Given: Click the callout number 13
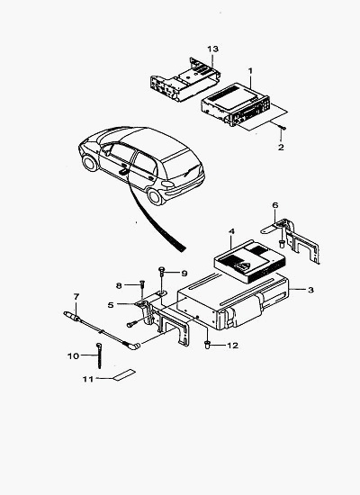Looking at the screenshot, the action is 212,49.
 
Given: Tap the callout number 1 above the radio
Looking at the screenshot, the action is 250,71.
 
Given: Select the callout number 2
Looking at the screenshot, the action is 281,147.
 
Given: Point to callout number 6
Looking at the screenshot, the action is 275,205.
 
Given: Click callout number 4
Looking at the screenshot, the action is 231,231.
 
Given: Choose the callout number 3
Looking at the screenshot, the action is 310,290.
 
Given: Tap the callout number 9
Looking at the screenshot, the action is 184,274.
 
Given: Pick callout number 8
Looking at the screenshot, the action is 119,285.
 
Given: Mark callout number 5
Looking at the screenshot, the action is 111,305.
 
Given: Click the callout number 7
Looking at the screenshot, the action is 76,297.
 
